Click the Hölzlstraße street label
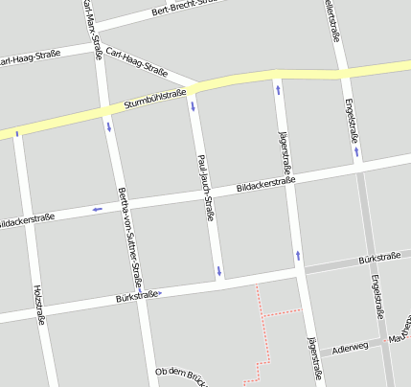tap(39, 304)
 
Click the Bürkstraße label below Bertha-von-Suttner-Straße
tap(135, 296)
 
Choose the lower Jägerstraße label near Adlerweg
tap(311, 360)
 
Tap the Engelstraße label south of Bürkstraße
tap(377, 296)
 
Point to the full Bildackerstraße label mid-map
tap(264, 181)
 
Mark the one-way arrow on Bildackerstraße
tap(97, 208)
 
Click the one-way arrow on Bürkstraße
tap(159, 292)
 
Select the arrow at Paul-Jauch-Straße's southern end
tap(219, 271)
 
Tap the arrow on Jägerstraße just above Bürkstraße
tap(298, 255)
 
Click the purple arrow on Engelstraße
tap(356, 150)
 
